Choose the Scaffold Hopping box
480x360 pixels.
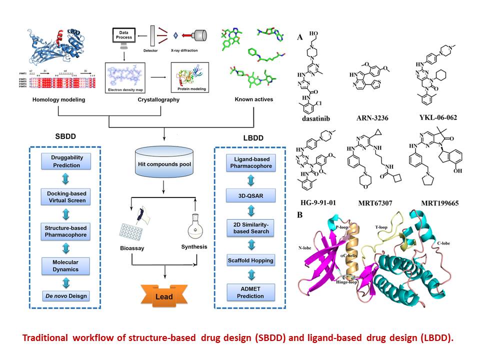[x=251, y=260]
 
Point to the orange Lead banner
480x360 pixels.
[x=163, y=296]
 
